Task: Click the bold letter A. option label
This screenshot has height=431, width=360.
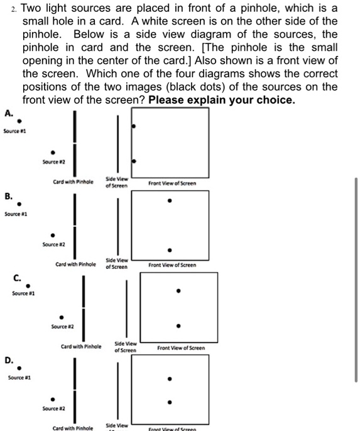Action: pyautogui.click(x=8, y=113)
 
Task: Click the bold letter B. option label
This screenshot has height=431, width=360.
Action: pyautogui.click(x=8, y=196)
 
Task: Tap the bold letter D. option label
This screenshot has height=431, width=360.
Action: pyautogui.click(x=9, y=360)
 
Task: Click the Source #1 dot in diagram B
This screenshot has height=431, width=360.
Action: pyautogui.click(x=19, y=205)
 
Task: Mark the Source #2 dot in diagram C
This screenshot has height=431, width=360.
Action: pyautogui.click(x=61, y=318)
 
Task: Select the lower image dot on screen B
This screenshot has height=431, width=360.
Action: pyautogui.click(x=168, y=249)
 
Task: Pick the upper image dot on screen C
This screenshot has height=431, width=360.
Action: pyautogui.click(x=178, y=291)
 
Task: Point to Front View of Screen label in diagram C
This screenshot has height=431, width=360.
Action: pyautogui.click(x=180, y=347)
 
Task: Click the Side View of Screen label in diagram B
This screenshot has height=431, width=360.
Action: pyautogui.click(x=117, y=263)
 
